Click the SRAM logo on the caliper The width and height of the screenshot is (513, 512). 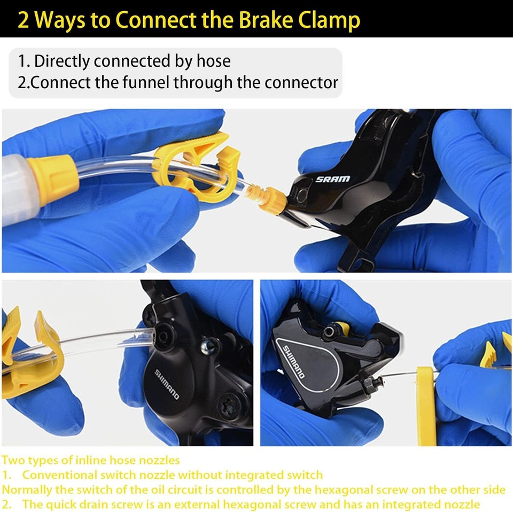coord(333,179)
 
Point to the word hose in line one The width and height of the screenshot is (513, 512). coord(213,61)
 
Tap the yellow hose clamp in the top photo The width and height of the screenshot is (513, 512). coord(196,167)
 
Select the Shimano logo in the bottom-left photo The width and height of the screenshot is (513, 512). coord(167,384)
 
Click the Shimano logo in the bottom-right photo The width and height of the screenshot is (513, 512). coord(293,362)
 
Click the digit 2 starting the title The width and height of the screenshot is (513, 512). coord(23,20)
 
